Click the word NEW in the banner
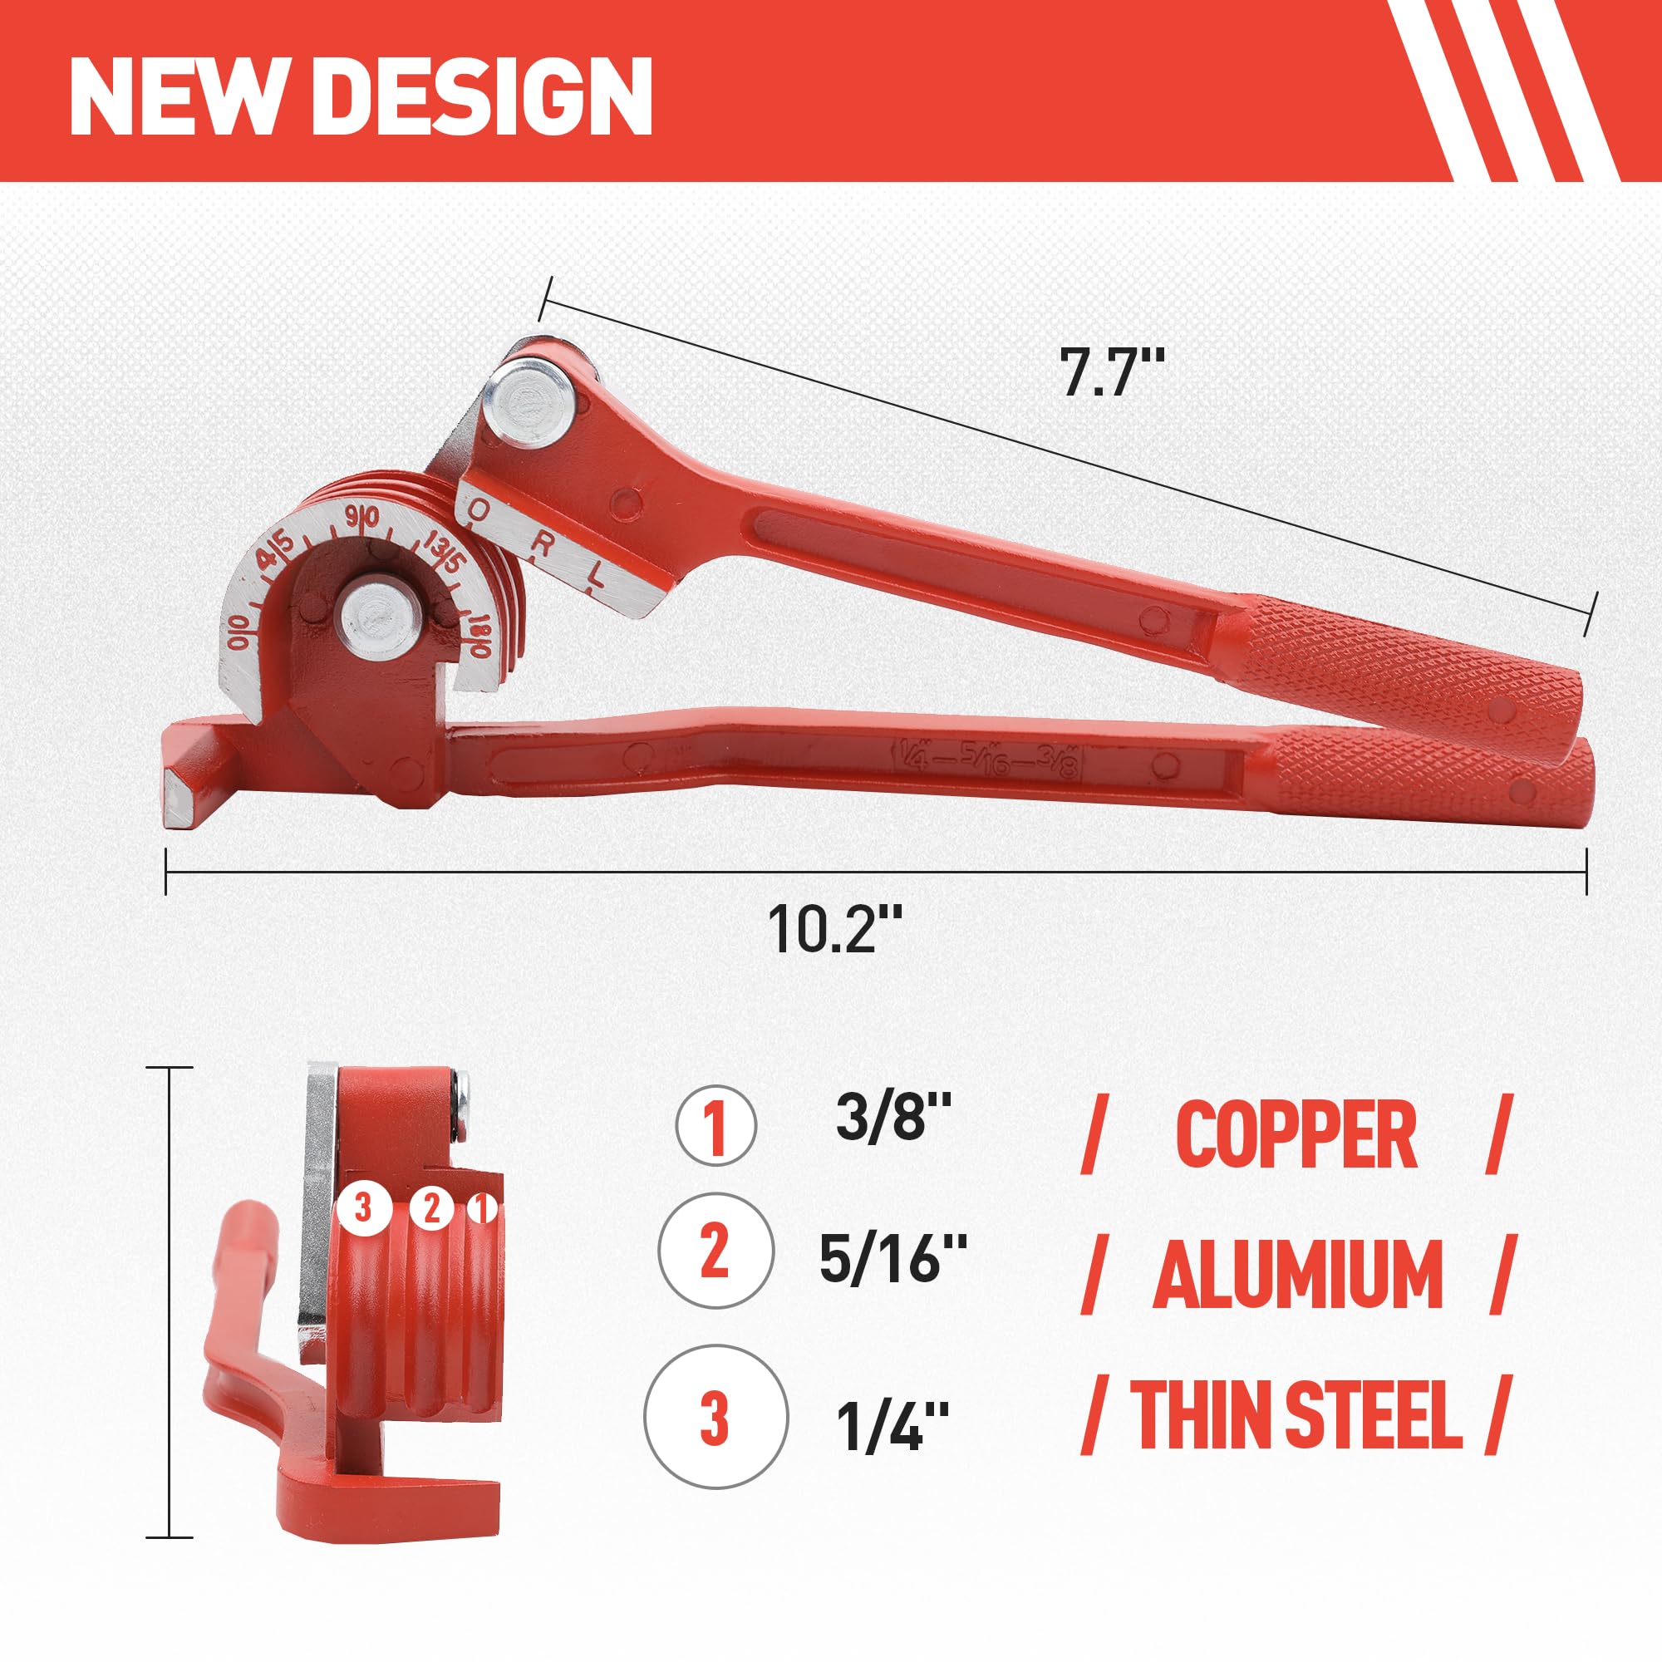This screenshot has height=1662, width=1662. (175, 96)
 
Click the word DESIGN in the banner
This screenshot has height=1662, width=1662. (488, 96)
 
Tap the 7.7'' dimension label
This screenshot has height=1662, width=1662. (1111, 371)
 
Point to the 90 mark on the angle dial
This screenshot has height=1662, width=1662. (362, 519)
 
